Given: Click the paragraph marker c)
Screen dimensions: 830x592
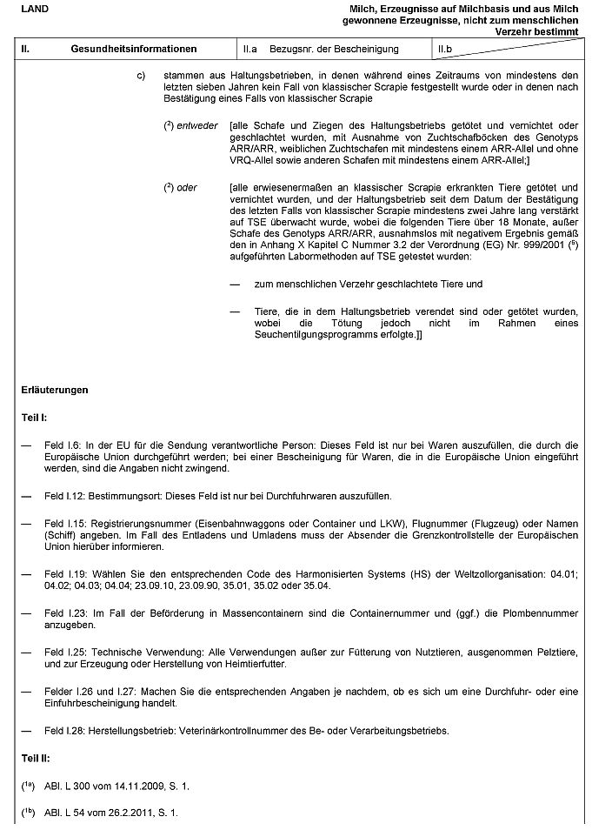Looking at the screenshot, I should click(141, 76).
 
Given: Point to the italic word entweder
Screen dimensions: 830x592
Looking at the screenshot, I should click(196, 125).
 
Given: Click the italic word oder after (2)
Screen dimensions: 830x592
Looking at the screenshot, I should click(187, 187).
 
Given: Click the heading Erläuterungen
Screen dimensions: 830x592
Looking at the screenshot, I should click(55, 390).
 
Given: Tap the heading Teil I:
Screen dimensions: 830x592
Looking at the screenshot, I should click(35, 418).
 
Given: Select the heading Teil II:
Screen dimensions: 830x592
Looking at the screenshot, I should click(37, 759).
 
